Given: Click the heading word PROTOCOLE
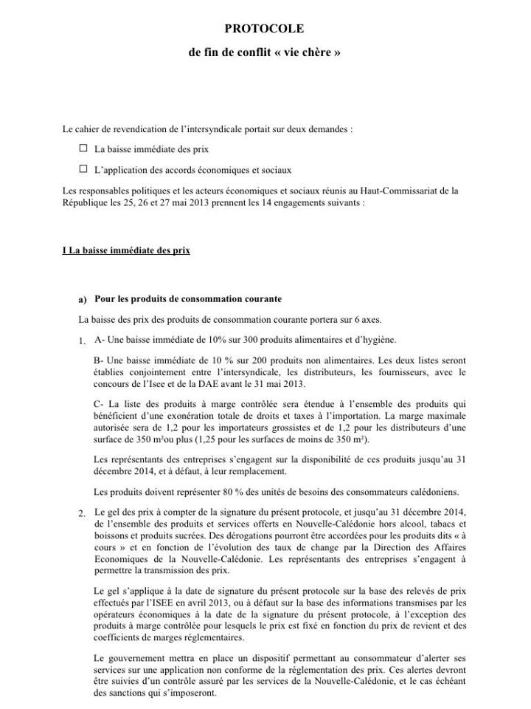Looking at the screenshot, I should point(264,28).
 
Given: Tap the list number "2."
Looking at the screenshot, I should point(81,513).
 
